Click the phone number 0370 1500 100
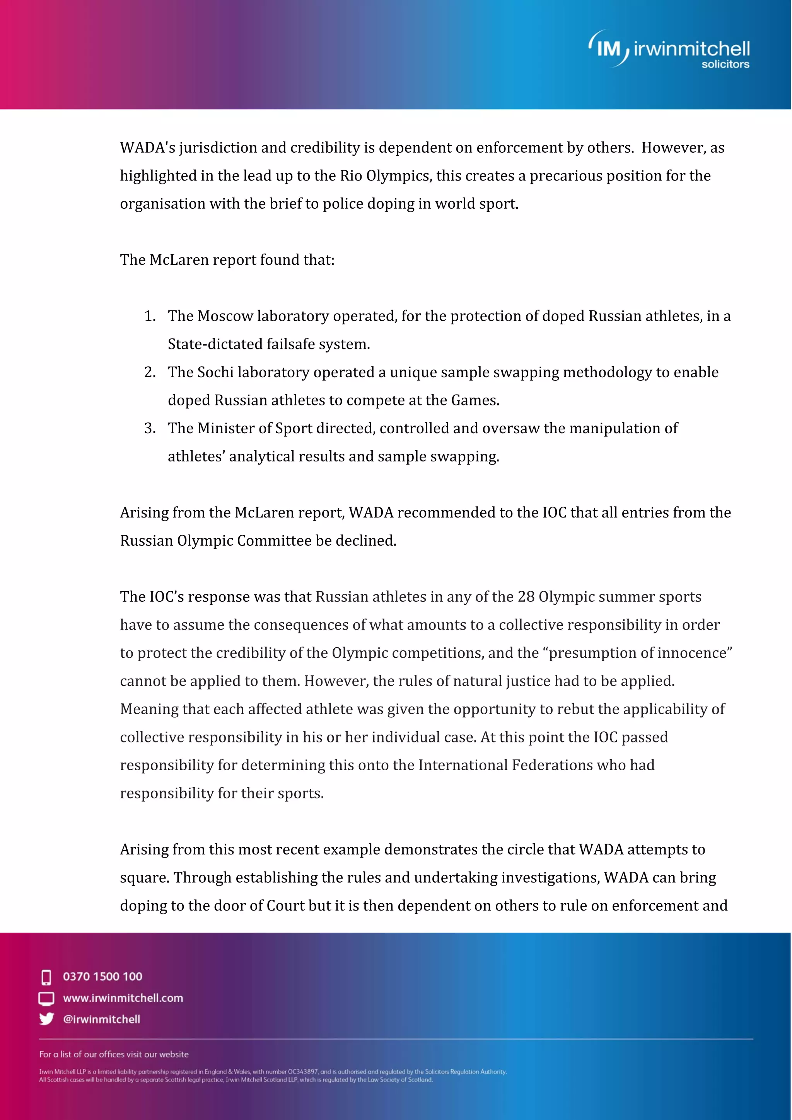tap(102, 976)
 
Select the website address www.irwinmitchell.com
tap(123, 997)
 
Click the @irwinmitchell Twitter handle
tap(101, 1019)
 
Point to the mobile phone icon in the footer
tap(46, 977)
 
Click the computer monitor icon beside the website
tap(46, 998)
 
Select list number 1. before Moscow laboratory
tap(150, 316)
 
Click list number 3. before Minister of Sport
tap(150, 428)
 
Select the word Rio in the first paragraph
tap(351, 175)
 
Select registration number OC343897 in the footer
tap(302, 1072)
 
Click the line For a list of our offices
tap(114, 1054)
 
